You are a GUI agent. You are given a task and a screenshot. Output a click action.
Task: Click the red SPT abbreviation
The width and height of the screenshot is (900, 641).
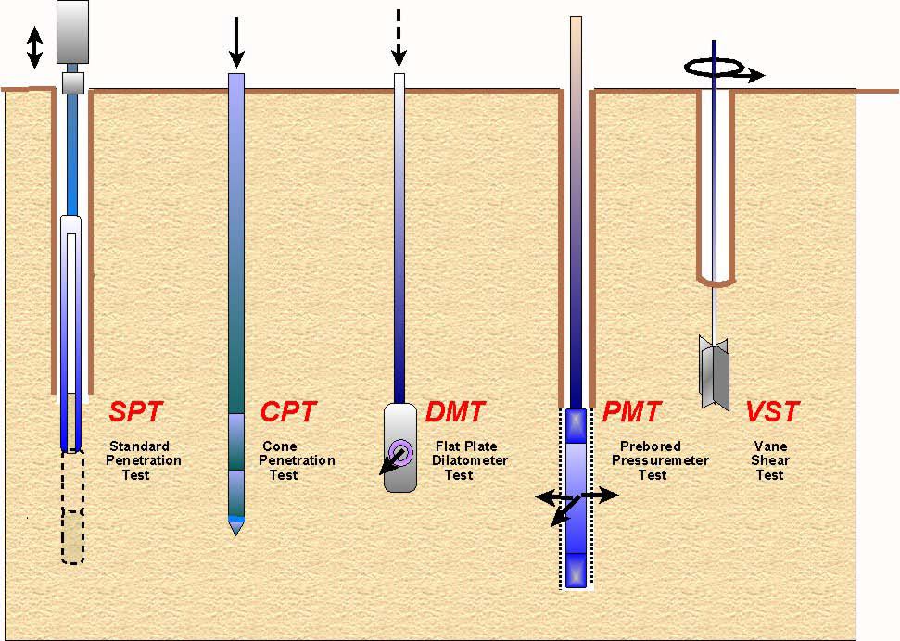click(136, 411)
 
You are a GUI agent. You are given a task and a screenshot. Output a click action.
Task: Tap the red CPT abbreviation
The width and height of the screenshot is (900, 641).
click(288, 411)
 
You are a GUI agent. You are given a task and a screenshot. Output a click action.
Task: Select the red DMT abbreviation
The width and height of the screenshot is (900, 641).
click(455, 411)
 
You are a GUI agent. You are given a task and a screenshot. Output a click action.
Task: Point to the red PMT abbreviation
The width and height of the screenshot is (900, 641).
click(631, 411)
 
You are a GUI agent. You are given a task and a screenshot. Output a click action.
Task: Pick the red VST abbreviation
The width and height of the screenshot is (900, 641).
click(772, 411)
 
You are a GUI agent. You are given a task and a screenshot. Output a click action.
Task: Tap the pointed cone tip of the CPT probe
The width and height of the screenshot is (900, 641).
click(236, 529)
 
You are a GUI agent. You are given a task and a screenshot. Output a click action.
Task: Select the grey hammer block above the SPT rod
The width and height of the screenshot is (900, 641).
click(72, 31)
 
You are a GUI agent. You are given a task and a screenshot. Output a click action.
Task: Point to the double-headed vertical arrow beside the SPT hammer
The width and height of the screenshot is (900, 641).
click(34, 47)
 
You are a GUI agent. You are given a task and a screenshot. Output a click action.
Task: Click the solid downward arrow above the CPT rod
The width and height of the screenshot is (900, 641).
click(236, 36)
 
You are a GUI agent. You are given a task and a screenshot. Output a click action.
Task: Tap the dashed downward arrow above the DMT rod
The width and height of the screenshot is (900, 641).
click(399, 38)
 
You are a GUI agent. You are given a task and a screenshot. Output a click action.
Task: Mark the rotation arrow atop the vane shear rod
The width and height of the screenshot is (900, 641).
click(724, 69)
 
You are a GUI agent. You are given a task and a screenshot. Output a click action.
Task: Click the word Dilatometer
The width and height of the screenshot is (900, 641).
click(469, 460)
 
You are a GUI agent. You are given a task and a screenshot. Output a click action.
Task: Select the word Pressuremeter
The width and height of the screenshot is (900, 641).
click(660, 460)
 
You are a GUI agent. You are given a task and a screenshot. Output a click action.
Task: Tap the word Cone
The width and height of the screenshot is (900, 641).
click(280, 446)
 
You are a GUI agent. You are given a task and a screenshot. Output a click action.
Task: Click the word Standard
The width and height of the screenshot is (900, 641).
click(140, 446)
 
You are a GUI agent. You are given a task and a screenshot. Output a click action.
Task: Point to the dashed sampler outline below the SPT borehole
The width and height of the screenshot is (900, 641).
click(72, 507)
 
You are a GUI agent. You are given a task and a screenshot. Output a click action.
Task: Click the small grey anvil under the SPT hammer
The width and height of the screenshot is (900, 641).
click(73, 82)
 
